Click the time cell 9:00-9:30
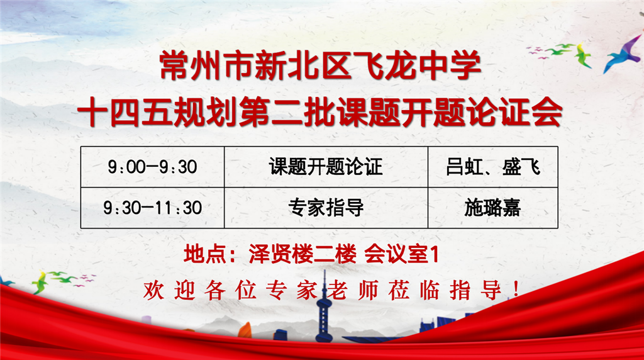click(x=152, y=167)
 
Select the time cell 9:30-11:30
click(x=152, y=208)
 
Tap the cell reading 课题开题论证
click(x=326, y=167)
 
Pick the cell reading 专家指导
click(x=326, y=208)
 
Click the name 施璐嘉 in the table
click(x=492, y=208)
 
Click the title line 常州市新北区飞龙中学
click(x=320, y=65)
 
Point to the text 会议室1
click(x=402, y=254)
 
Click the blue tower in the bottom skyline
click(x=324, y=308)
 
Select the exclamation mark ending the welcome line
click(x=516, y=290)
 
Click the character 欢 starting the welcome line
click(x=153, y=290)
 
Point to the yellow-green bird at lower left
click(x=40, y=282)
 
